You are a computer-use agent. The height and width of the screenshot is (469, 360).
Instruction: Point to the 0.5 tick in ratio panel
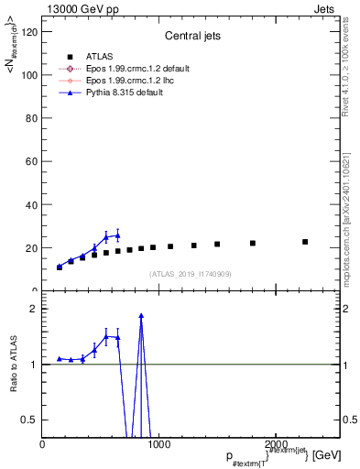click(31, 420)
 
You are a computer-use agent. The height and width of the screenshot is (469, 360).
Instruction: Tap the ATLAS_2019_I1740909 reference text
click(191, 275)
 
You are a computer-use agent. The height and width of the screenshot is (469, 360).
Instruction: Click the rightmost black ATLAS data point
click(305, 242)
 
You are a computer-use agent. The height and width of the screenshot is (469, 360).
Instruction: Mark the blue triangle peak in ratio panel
click(141, 316)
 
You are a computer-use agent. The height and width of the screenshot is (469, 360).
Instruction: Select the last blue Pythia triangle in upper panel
click(117, 235)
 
